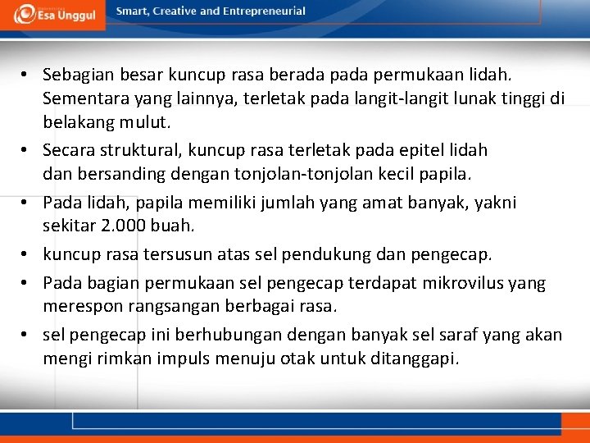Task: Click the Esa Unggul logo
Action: (x=53, y=16)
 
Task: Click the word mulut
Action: (x=147, y=122)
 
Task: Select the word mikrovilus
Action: (x=465, y=283)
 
